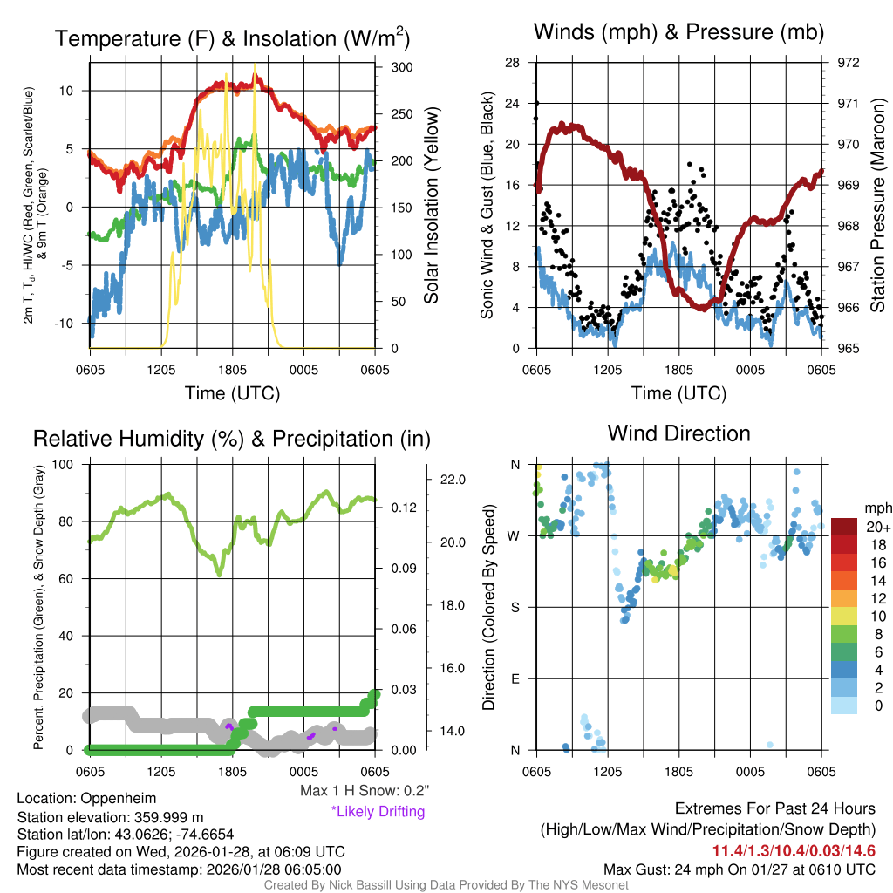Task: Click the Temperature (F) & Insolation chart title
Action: coord(233,38)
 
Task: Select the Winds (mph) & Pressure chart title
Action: coord(678,32)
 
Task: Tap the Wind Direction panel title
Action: coord(678,433)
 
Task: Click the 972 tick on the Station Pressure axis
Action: coord(848,63)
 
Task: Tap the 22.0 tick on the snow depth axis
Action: coord(455,480)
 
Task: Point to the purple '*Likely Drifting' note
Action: coord(378,811)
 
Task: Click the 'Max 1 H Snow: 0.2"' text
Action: coord(364,791)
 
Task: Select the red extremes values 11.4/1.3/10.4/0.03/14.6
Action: coord(794,851)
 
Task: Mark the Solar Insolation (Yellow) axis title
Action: coord(431,206)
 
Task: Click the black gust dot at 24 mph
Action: coord(536,104)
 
